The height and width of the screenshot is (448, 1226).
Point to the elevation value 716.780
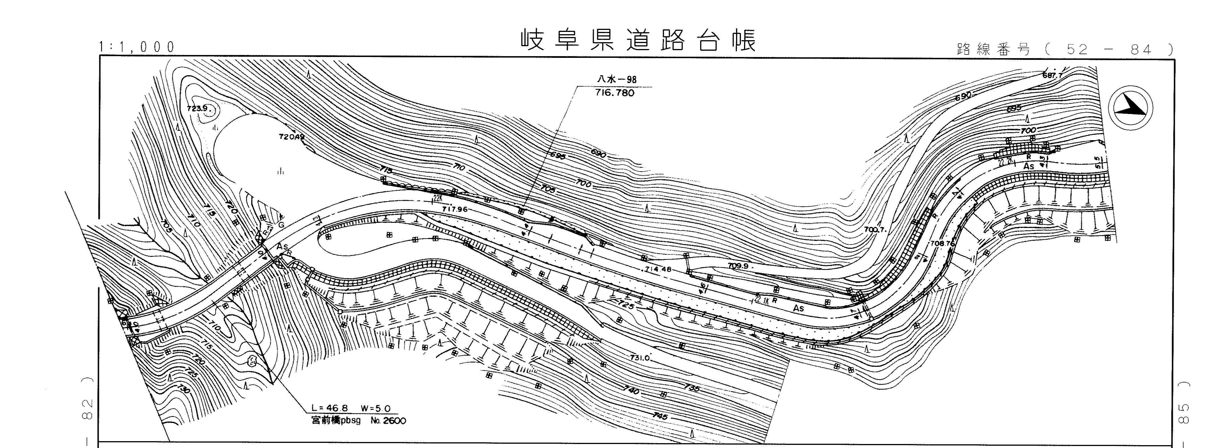click(x=615, y=93)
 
